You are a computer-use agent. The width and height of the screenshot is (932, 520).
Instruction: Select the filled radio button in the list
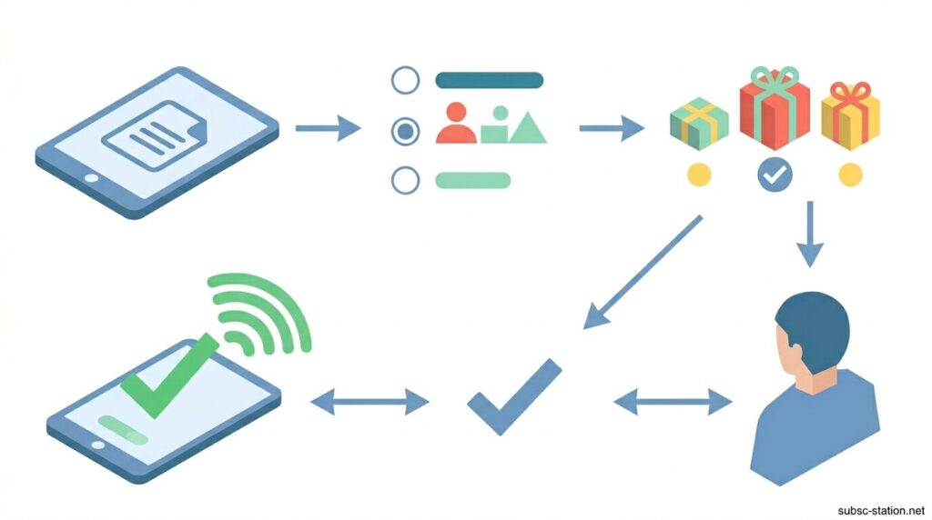tap(405, 132)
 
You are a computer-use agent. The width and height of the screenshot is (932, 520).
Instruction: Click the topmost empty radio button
tap(405, 80)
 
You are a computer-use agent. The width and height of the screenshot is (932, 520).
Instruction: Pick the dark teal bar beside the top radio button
tap(489, 80)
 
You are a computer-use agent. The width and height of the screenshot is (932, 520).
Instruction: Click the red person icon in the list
tap(456, 125)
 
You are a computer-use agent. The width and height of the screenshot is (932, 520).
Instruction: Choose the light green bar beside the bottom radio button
tap(472, 180)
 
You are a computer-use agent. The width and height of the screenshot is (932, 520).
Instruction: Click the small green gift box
tap(699, 124)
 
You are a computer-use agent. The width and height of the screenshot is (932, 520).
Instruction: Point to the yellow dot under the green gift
tap(699, 174)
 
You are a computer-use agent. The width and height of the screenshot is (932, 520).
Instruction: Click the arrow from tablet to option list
tap(328, 128)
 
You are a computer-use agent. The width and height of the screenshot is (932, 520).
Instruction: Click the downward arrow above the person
tap(809, 234)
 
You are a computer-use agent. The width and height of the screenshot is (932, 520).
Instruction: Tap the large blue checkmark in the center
tap(514, 395)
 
